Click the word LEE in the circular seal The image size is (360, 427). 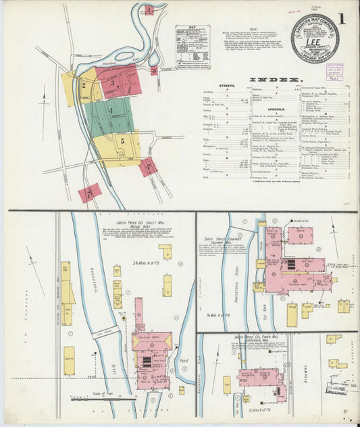315,39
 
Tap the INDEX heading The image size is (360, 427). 278,80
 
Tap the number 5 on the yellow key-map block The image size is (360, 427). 122,141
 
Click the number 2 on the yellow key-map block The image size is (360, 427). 83,86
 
